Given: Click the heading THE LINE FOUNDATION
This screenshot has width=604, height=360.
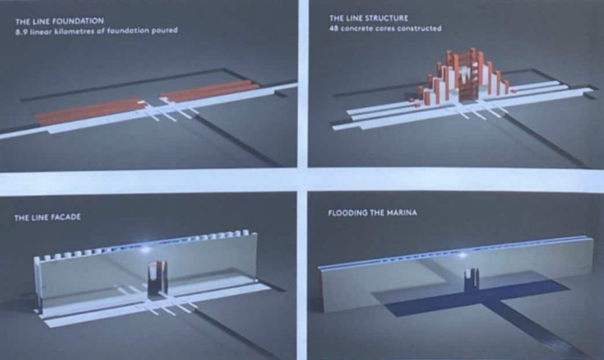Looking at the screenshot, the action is point(60,20).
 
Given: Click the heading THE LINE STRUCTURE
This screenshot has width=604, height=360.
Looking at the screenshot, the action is point(369,18).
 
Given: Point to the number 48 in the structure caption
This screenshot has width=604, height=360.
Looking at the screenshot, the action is point(333,28).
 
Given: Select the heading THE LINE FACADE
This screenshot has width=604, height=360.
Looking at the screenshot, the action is point(48,218).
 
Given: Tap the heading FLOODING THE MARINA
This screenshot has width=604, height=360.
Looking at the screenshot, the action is point(373,212).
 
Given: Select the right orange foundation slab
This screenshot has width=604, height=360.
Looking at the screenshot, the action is point(210,91).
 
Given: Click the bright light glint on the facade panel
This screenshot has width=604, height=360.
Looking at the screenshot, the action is point(146,249).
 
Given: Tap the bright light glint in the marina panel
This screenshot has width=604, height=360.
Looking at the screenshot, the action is point(463,255).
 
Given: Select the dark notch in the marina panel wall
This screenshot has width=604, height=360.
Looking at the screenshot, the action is point(472,278).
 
